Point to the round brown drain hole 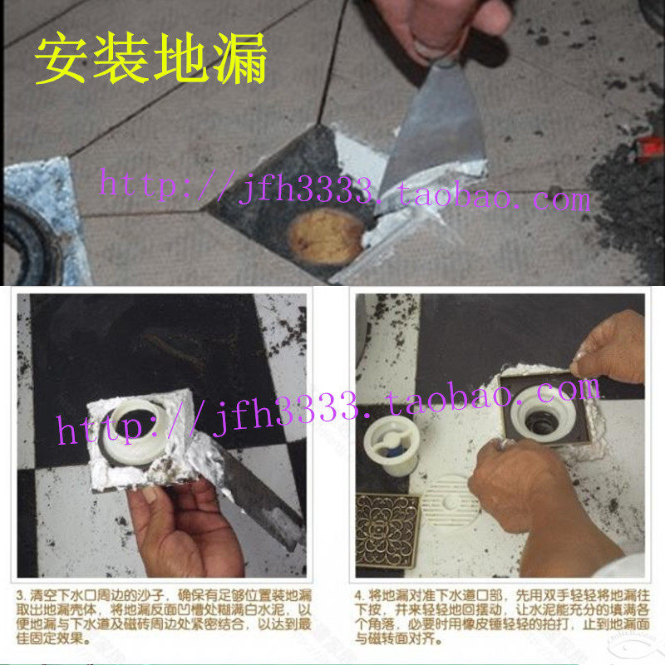[x=326, y=235]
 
